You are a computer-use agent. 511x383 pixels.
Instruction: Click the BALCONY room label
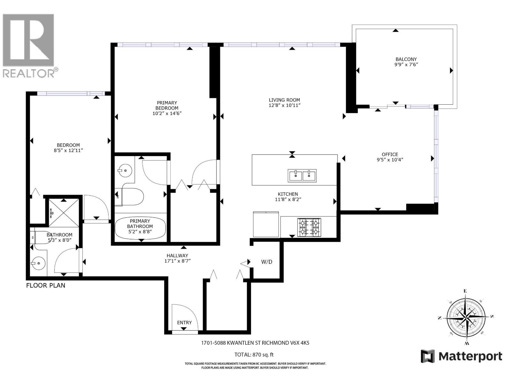pyautogui.click(x=406, y=59)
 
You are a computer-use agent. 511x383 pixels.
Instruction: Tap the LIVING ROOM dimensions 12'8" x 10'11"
pyautogui.click(x=284, y=105)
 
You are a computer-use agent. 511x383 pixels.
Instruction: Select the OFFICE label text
pyautogui.click(x=390, y=154)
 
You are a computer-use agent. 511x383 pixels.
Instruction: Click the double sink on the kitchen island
pyautogui.click(x=302, y=176)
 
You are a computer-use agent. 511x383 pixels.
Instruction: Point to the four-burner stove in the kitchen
pyautogui.click(x=309, y=227)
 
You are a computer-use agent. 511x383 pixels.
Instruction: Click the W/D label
pyautogui.click(x=267, y=262)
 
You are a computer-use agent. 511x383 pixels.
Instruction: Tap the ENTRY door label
pyautogui.click(x=184, y=323)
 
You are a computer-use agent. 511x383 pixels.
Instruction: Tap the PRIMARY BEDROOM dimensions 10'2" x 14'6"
pyautogui.click(x=167, y=113)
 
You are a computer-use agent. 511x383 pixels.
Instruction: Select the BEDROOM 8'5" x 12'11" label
pyautogui.click(x=68, y=148)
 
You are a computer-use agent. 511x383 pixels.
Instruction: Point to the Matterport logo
pyautogui.click(x=461, y=356)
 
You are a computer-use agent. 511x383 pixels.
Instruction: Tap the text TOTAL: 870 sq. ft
pyautogui.click(x=254, y=355)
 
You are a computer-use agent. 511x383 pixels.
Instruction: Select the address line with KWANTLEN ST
pyautogui.click(x=255, y=343)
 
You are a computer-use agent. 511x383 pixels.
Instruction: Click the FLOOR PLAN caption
pyautogui.click(x=46, y=285)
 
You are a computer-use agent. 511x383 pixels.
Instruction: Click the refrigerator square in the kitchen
pyautogui.click(x=266, y=224)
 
